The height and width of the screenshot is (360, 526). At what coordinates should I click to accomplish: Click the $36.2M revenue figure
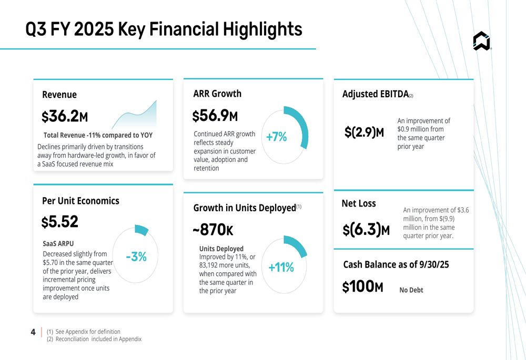tap(65, 116)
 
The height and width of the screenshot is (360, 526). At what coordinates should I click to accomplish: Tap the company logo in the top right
tap(481, 41)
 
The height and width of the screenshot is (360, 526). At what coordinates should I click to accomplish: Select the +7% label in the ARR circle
tap(277, 137)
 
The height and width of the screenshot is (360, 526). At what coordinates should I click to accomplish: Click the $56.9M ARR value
tap(215, 116)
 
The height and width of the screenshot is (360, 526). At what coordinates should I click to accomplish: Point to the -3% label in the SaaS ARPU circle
tap(136, 257)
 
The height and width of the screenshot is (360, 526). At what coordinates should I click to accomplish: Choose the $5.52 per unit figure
tap(60, 222)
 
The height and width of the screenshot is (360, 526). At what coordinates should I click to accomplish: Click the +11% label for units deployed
tap(281, 268)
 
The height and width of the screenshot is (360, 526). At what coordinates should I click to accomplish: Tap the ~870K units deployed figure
tap(213, 230)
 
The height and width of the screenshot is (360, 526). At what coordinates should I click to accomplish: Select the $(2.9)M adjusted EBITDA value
tap(364, 132)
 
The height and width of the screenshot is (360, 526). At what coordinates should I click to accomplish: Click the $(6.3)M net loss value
tap(366, 230)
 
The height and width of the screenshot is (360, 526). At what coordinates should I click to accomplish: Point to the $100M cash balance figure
tap(362, 287)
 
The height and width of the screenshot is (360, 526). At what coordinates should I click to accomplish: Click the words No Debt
tap(411, 290)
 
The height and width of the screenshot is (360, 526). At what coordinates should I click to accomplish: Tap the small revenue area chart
tap(135, 116)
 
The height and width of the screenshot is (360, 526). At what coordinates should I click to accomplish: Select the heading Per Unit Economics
tap(80, 201)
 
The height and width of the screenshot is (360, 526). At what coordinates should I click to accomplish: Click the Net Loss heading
tap(359, 203)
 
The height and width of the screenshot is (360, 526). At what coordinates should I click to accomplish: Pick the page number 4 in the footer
tap(33, 332)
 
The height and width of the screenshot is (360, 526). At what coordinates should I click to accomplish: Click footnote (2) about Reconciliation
tap(95, 339)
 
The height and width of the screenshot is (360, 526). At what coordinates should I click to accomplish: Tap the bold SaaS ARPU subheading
tap(58, 244)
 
